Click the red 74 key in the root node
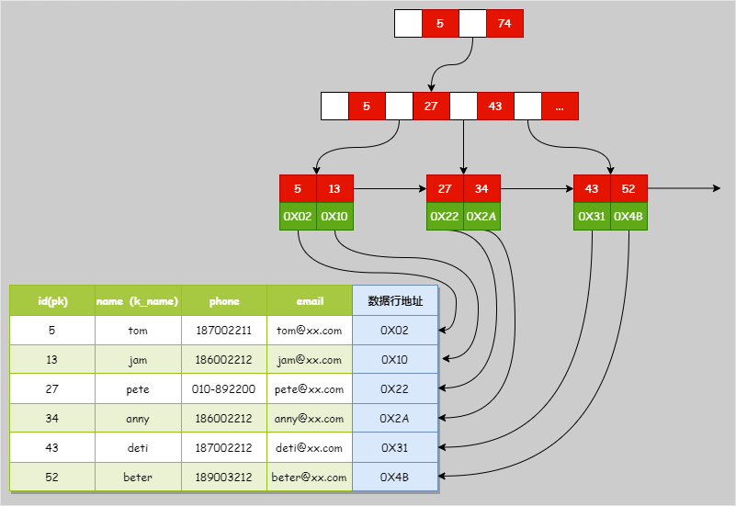click(504, 24)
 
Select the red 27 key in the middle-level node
click(431, 107)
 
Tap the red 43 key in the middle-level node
click(495, 107)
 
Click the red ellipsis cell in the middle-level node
click(560, 107)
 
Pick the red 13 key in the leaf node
click(334, 189)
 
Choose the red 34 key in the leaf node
click(481, 189)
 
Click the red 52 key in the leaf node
click(628, 189)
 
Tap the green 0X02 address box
click(298, 217)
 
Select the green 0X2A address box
click(481, 217)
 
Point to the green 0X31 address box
click(592, 217)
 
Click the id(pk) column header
click(52, 300)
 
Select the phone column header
click(224, 300)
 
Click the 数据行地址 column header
click(395, 300)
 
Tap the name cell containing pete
click(138, 389)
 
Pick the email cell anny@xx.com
click(310, 419)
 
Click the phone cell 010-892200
click(224, 389)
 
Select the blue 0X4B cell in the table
click(395, 478)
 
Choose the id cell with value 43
click(52, 448)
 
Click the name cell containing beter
click(138, 478)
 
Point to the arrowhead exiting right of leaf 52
click(716, 189)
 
